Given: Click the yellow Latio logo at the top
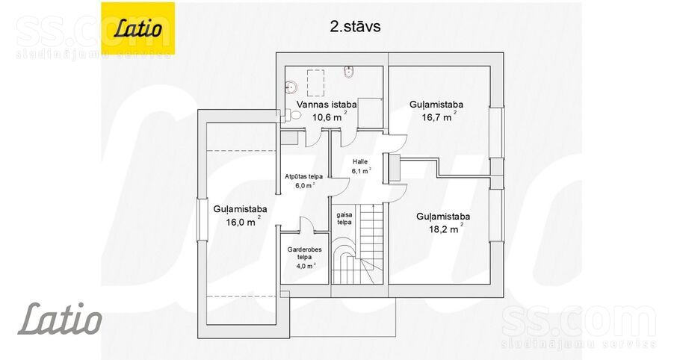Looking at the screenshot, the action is (138, 28).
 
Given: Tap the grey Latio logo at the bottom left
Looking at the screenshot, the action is (60, 319).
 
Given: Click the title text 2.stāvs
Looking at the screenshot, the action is (355, 26).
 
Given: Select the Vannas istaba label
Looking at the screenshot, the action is (327, 105).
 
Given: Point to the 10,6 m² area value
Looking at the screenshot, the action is (330, 117).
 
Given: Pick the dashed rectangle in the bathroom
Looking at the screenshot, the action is (315, 82).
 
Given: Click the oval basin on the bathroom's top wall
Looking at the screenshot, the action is (349, 72).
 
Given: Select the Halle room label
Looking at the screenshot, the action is (360, 161).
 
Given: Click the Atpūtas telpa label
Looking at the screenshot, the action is (303, 176).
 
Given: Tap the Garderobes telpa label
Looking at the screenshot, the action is (304, 253).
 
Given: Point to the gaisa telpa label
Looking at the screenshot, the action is (344, 218).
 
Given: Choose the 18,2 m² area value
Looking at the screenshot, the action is (446, 229).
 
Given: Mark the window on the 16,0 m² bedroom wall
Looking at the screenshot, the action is (202, 220).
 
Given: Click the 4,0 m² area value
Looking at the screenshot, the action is (306, 266).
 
